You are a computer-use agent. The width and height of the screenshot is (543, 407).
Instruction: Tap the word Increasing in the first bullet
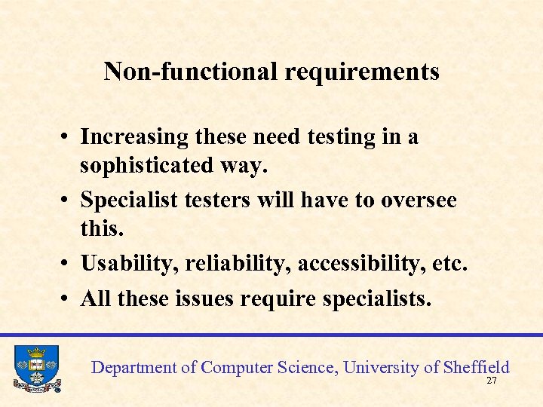134,138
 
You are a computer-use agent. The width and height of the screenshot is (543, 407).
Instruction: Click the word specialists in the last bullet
377,299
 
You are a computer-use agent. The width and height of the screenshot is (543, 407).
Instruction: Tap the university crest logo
37,369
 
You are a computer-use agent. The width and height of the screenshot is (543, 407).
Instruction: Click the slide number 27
492,381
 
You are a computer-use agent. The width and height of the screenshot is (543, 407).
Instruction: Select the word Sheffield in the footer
477,367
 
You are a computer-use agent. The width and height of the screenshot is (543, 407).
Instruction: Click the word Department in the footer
134,367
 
